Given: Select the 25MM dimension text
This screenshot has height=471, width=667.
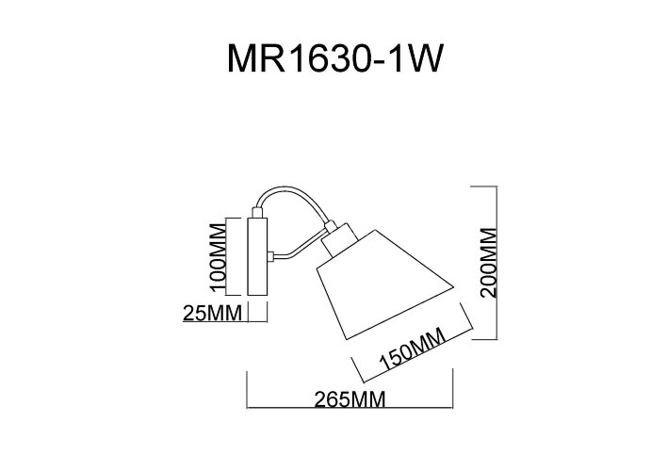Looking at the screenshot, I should point(212,312).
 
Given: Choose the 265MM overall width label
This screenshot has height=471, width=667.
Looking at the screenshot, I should point(350,399).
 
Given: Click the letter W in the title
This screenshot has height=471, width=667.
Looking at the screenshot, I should point(421,59).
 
